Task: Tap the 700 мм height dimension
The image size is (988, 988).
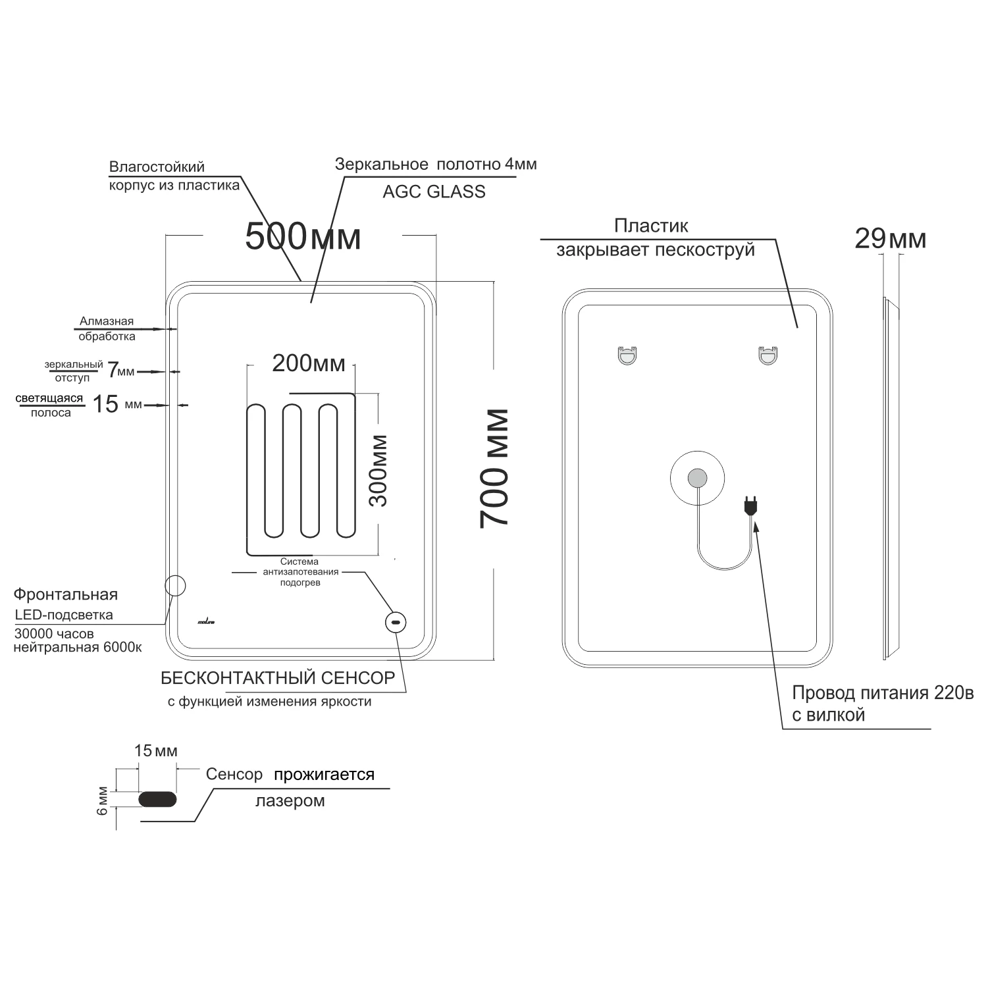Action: [x=494, y=468]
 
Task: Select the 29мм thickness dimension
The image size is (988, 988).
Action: [x=891, y=238]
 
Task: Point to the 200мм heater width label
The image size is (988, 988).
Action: [x=309, y=363]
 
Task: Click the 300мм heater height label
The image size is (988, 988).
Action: [x=378, y=471]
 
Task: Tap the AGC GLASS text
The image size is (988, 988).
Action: [x=434, y=192]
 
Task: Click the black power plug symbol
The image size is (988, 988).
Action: [x=750, y=506]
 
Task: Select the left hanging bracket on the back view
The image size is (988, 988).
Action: [x=627, y=355]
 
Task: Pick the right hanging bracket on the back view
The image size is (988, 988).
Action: [x=767, y=355]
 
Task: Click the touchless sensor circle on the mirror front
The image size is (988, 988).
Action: [x=396, y=622]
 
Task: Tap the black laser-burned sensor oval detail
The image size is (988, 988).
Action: [x=158, y=799]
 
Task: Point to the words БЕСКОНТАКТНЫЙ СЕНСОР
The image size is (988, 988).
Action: [x=278, y=678]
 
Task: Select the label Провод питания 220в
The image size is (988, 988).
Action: [x=883, y=693]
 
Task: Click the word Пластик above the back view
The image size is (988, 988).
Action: [x=651, y=226]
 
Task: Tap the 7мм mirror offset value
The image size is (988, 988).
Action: [x=120, y=371]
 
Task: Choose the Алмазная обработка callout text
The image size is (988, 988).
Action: [x=107, y=328]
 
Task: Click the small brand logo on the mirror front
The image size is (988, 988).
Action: [x=206, y=621]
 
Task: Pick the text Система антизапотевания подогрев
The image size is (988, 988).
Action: [x=299, y=572]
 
